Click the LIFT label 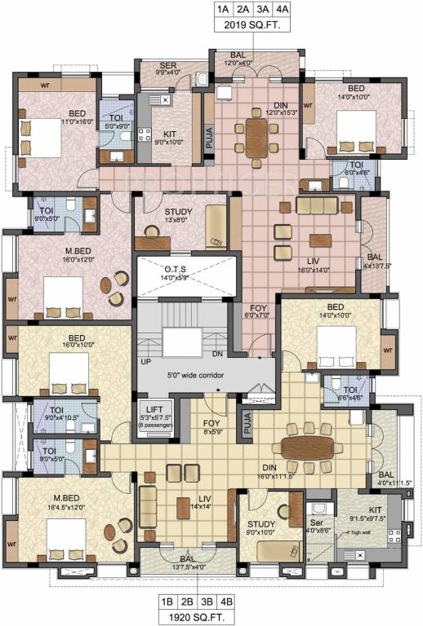coord(154,409)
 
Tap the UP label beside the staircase coord(147,360)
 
